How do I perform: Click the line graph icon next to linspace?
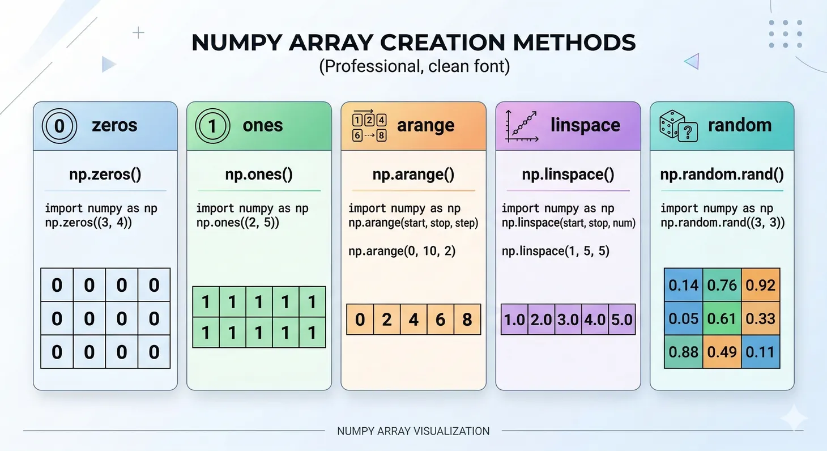[521, 125]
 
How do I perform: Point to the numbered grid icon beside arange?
[369, 126]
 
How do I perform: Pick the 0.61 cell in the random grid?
[722, 318]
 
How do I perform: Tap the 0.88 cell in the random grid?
[684, 352]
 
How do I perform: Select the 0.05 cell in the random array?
[684, 318]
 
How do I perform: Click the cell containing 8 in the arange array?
[467, 320]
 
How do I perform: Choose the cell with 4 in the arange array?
[413, 320]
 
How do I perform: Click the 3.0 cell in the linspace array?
[568, 320]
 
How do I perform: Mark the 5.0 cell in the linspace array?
[621, 320]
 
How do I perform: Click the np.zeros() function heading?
[105, 175]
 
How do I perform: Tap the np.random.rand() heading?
[722, 175]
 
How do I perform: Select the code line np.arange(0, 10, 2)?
[402, 250]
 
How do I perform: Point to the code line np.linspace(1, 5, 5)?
[556, 250]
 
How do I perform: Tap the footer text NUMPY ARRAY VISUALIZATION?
[413, 431]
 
